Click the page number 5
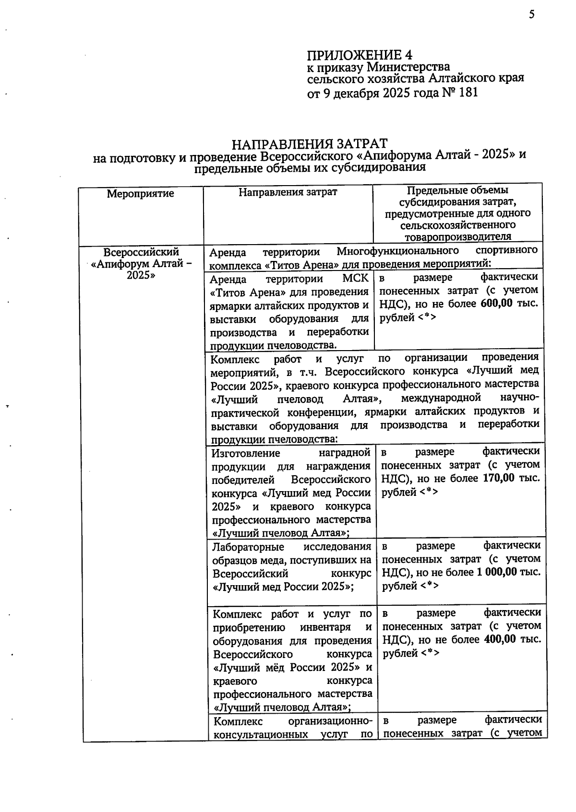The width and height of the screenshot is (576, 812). point(532,14)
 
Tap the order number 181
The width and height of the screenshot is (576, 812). point(468,93)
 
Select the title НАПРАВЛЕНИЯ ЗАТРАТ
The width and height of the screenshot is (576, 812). point(310,144)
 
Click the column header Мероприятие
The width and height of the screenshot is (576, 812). point(141,194)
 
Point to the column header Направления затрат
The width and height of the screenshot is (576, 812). point(288,192)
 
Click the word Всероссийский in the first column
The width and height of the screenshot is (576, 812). point(141,252)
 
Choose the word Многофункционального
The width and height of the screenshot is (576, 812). point(397,251)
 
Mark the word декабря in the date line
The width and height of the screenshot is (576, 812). point(356,93)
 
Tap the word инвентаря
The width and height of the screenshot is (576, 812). point(331,627)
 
